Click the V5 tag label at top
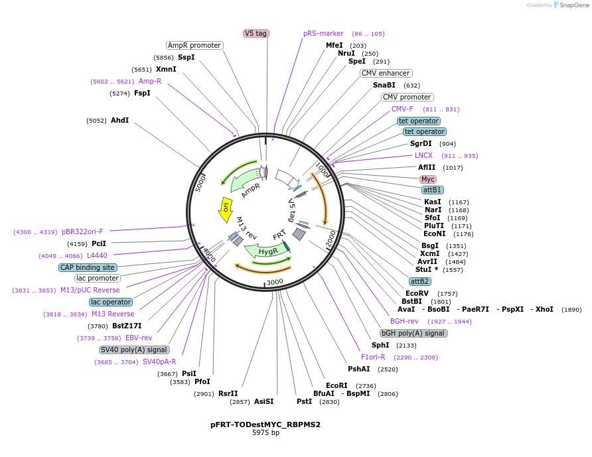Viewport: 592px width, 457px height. (x=256, y=33)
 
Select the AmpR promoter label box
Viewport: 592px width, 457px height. (x=194, y=45)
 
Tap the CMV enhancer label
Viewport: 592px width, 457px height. (x=386, y=73)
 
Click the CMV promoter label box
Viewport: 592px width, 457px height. (x=407, y=97)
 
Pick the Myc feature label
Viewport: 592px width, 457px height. (x=428, y=179)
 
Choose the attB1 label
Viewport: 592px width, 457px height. (x=432, y=190)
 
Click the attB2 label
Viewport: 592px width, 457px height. (x=420, y=281)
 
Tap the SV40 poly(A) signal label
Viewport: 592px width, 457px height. (x=134, y=350)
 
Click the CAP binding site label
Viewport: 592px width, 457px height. (x=88, y=267)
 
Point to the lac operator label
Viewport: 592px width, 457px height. (x=110, y=302)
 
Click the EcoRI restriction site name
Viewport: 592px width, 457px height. (x=336, y=385)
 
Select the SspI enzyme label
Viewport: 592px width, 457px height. (x=186, y=57)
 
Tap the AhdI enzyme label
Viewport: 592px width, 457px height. (x=119, y=120)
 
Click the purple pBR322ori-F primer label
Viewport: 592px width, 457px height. (x=82, y=231)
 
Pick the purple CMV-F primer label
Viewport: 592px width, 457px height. (x=402, y=109)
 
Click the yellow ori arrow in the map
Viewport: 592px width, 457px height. (x=226, y=209)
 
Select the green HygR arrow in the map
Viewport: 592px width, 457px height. (x=265, y=251)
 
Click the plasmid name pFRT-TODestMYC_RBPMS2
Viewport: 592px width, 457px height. (x=265, y=424)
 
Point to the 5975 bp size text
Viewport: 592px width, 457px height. (x=265, y=432)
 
